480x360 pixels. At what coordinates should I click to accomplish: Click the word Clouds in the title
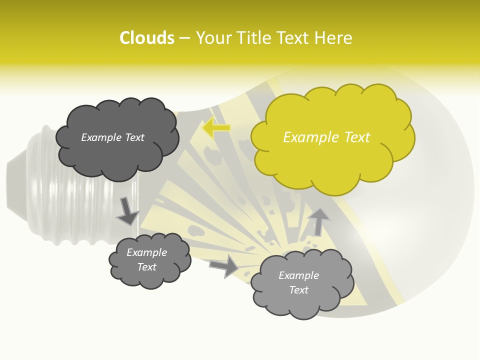147,38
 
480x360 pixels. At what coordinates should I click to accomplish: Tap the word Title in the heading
255,38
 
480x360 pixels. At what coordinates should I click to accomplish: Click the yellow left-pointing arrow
216,128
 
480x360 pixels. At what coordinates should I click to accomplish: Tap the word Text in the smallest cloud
147,267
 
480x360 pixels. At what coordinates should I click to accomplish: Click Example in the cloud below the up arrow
298,275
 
